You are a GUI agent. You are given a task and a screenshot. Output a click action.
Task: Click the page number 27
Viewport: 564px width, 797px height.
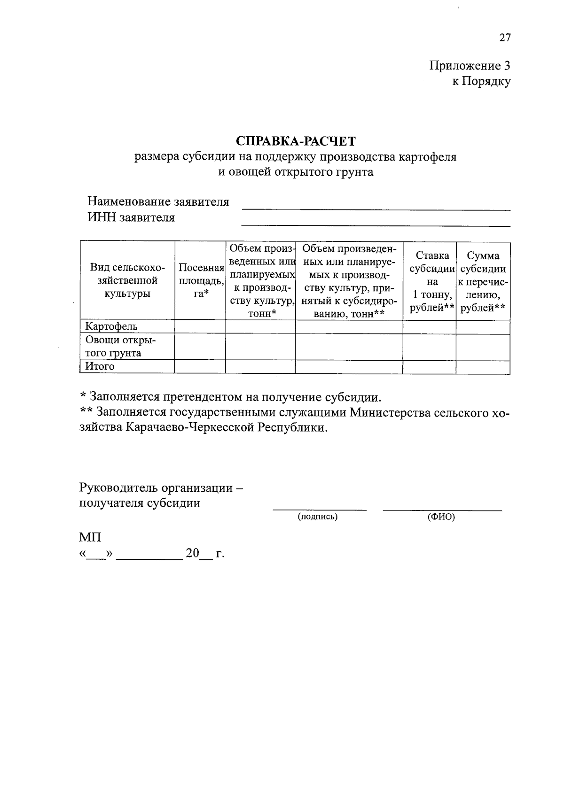[x=504, y=38]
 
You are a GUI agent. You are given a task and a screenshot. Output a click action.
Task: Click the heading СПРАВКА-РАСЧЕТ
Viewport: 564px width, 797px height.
[x=296, y=140]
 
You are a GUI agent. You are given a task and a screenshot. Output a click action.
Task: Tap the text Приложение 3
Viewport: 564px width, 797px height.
[x=470, y=65]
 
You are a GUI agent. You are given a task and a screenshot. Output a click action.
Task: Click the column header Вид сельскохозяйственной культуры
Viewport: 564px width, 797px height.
[x=127, y=280]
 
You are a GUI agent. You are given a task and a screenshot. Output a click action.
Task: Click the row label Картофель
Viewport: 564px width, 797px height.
[x=111, y=326]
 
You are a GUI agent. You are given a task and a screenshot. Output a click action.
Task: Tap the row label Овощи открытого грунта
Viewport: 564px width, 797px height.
[x=120, y=346]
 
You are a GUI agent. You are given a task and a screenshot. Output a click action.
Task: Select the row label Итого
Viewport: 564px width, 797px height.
[x=100, y=366]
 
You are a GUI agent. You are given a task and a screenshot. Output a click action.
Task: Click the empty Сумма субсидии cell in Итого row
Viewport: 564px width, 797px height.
[x=483, y=366]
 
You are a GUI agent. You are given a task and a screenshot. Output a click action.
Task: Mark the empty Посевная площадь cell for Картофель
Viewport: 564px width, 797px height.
[x=200, y=326]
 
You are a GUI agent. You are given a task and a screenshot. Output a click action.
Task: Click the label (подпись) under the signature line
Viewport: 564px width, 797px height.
[x=318, y=517]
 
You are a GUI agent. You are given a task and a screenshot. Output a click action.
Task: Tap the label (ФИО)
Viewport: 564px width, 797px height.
[x=441, y=517]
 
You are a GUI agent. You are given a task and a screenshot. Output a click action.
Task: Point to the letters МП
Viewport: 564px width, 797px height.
[x=90, y=537]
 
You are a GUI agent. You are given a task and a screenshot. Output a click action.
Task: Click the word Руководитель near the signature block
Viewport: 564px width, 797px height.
[x=119, y=487]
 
